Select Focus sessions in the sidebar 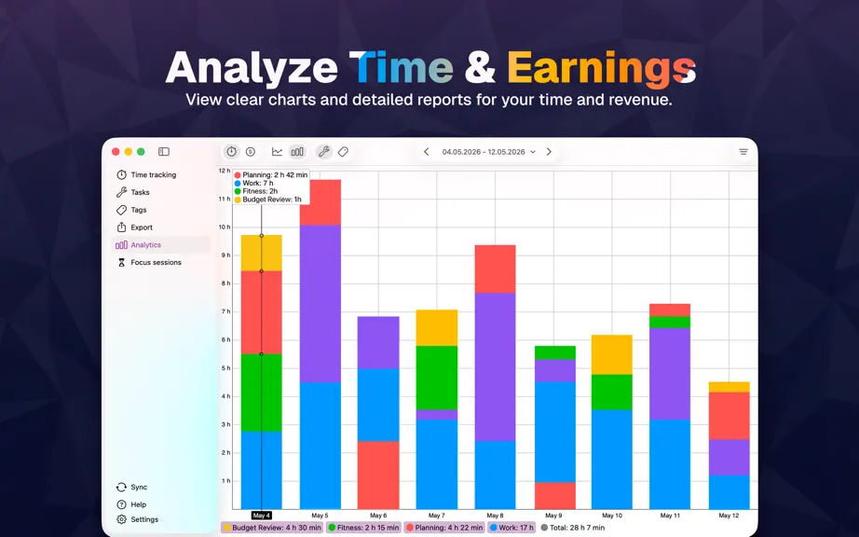[x=148, y=263]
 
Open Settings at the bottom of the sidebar [x=138, y=519]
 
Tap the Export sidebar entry [x=135, y=227]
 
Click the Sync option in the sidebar [x=132, y=488]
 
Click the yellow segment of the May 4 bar [x=261, y=254]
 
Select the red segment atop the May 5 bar [x=320, y=202]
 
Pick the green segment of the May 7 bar [x=437, y=378]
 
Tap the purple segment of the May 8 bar [x=496, y=367]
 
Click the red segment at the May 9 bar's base [x=555, y=496]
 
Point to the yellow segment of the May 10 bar [x=612, y=354]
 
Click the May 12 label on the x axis [x=729, y=516]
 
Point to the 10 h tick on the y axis [x=225, y=227]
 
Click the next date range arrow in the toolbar [x=549, y=152]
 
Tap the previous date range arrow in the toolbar [x=426, y=152]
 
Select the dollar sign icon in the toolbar [x=251, y=152]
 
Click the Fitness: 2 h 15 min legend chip [x=363, y=528]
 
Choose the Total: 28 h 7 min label [x=573, y=528]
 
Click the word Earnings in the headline [x=602, y=68]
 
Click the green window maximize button [x=141, y=152]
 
